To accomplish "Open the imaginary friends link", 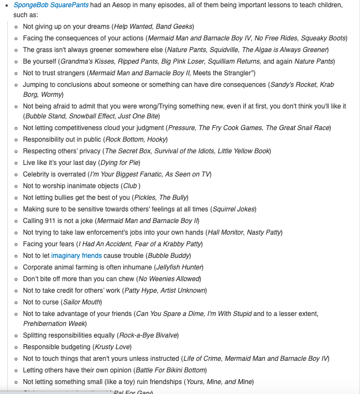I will coord(76,256).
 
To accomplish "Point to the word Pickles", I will coord(144,198).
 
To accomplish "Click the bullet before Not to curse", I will coord(17,302).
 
